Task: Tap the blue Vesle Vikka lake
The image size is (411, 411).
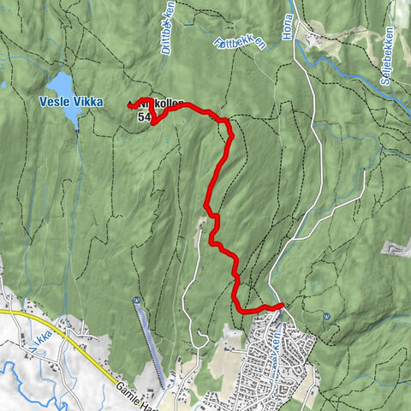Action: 62,85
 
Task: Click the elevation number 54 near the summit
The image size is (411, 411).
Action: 143,116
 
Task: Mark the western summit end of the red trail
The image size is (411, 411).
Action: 130,105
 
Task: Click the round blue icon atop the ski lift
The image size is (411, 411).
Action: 136,300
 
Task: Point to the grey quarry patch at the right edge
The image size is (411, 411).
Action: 395,249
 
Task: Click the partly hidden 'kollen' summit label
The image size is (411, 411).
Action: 167,104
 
